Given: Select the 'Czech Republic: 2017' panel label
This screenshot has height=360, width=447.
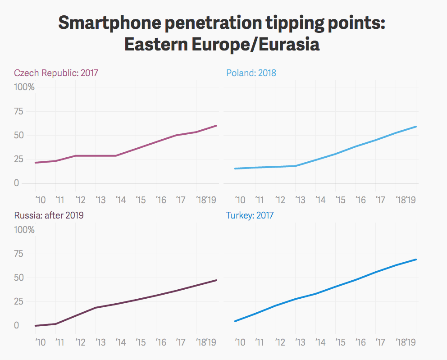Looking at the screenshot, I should pos(56,73).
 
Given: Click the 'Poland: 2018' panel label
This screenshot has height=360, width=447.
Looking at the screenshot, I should pos(251,73).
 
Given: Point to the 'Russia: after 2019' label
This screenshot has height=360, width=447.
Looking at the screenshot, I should pos(49,215).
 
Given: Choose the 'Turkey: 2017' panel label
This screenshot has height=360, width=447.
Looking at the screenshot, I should pos(250,215).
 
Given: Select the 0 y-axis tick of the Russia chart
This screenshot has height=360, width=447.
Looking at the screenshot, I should pos(17,325).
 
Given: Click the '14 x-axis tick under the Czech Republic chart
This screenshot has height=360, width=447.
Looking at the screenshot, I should pos(120,200).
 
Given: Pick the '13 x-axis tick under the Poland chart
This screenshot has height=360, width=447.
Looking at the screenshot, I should pos(300,200).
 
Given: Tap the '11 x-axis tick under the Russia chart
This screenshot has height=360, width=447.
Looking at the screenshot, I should pos(59,342).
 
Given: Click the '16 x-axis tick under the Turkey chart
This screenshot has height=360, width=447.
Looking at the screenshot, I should pos(361,342).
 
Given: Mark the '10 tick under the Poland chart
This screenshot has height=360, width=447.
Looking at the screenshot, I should pos(239,200).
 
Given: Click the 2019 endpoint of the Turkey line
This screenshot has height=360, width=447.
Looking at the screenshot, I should pos(416,259).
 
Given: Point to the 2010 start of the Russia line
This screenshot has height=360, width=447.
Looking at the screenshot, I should pos(36,325).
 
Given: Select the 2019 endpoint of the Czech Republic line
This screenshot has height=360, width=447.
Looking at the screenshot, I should pos(217,125).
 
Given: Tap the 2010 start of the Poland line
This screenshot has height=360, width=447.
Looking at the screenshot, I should pos(235,169).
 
